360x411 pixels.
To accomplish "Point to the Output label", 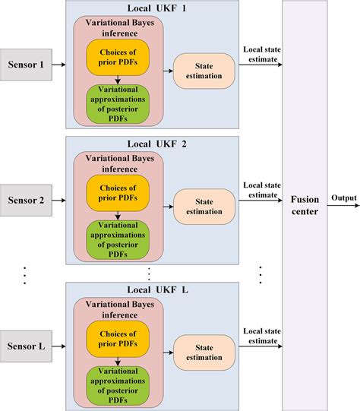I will [x=343, y=198].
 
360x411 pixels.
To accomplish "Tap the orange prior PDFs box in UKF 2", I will [x=118, y=190].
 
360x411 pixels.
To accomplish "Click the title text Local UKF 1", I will [x=152, y=7].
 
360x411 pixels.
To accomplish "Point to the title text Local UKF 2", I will [x=152, y=143].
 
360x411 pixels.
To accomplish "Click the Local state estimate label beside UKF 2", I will [x=258, y=190].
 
